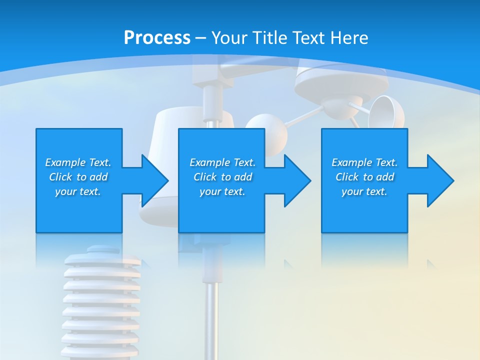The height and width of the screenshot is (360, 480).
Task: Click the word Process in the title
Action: coord(157,38)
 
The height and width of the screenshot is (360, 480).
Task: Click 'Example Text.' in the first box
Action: coord(78,162)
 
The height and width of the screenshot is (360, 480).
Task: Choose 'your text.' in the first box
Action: coord(78,191)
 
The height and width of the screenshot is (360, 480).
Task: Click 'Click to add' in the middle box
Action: coord(222,177)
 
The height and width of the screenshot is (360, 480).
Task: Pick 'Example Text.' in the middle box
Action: coord(222,162)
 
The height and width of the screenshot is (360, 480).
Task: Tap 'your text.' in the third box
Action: coord(364,191)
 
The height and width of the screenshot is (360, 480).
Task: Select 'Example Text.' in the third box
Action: coord(364,162)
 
